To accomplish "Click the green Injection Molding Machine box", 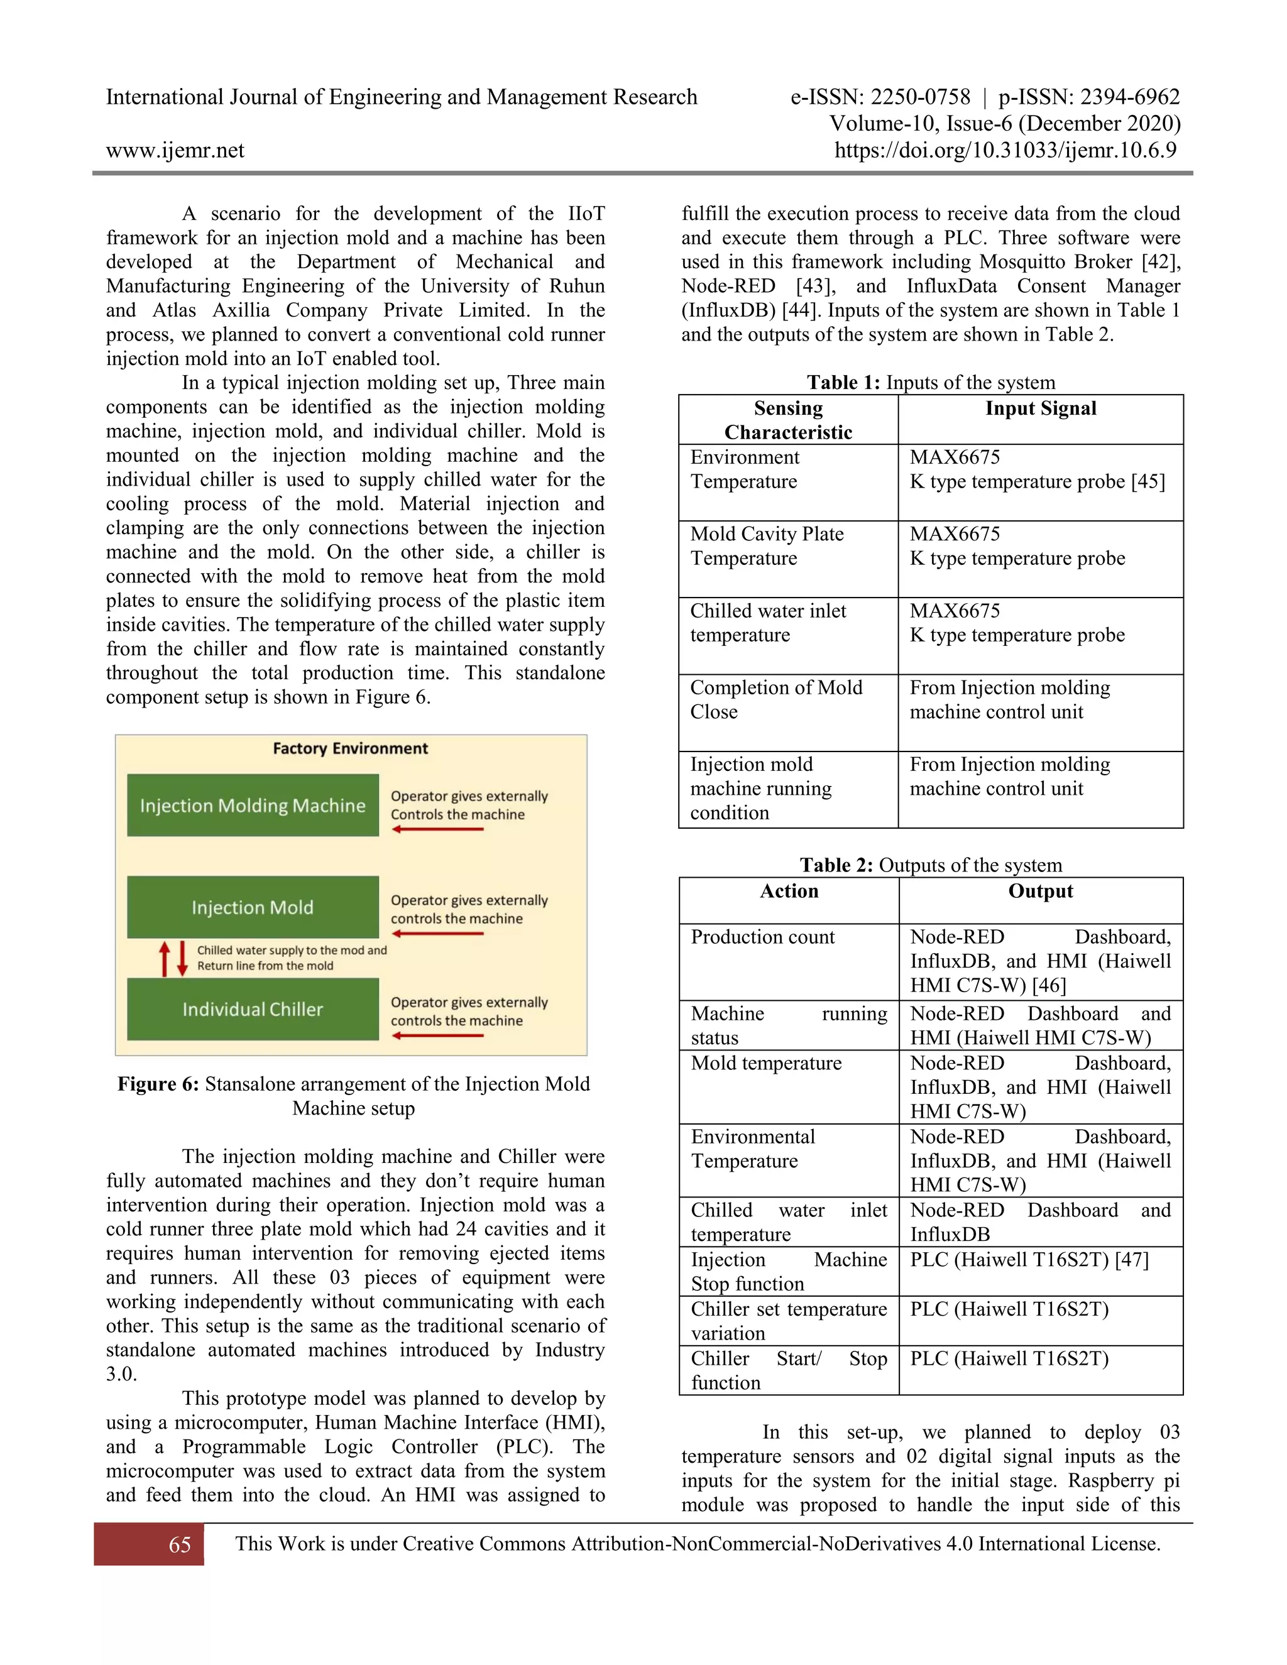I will (253, 805).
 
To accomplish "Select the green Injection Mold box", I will (253, 907).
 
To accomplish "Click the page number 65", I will (180, 1544).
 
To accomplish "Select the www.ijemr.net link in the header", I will (175, 150).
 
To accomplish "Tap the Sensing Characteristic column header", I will (789, 420).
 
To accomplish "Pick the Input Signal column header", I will (1041, 408).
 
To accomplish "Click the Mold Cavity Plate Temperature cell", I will (767, 546).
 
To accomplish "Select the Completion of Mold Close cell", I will (776, 699).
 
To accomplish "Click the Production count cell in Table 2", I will (762, 937).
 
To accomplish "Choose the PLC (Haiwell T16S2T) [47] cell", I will (1029, 1259).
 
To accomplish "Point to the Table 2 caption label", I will (836, 865).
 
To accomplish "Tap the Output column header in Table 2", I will (1041, 891).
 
